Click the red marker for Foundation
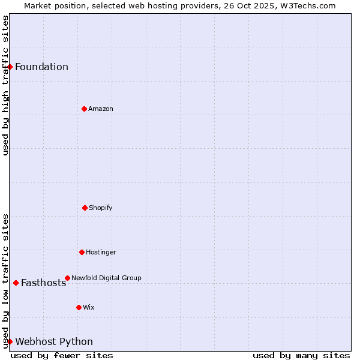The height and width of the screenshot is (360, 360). pos(10,67)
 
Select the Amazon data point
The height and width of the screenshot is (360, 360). pos(84,109)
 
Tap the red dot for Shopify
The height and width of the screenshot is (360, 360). pos(85,208)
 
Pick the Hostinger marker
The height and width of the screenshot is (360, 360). pos(82,252)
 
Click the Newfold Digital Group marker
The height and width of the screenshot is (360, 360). pos(67,278)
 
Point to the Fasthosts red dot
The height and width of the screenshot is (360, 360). pos(16,283)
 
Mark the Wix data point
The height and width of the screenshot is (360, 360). pos(79,307)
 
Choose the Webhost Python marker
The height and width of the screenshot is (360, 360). pos(10,341)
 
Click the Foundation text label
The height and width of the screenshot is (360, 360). pos(41,67)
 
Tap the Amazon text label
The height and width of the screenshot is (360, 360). pos(101,109)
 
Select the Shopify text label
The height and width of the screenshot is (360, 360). pos(101,208)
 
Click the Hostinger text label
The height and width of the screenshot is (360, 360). pos(101,252)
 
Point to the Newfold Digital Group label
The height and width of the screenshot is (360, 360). pos(106,278)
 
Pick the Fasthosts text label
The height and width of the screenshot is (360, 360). pos(43,283)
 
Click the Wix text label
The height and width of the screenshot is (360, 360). pos(89,307)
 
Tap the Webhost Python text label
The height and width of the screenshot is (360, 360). pos(54,341)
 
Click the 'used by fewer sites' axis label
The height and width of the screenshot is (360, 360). pos(62,355)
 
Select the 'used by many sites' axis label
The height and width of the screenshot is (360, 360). pos(301,355)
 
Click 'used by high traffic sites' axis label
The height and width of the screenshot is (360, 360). pos(6,85)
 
